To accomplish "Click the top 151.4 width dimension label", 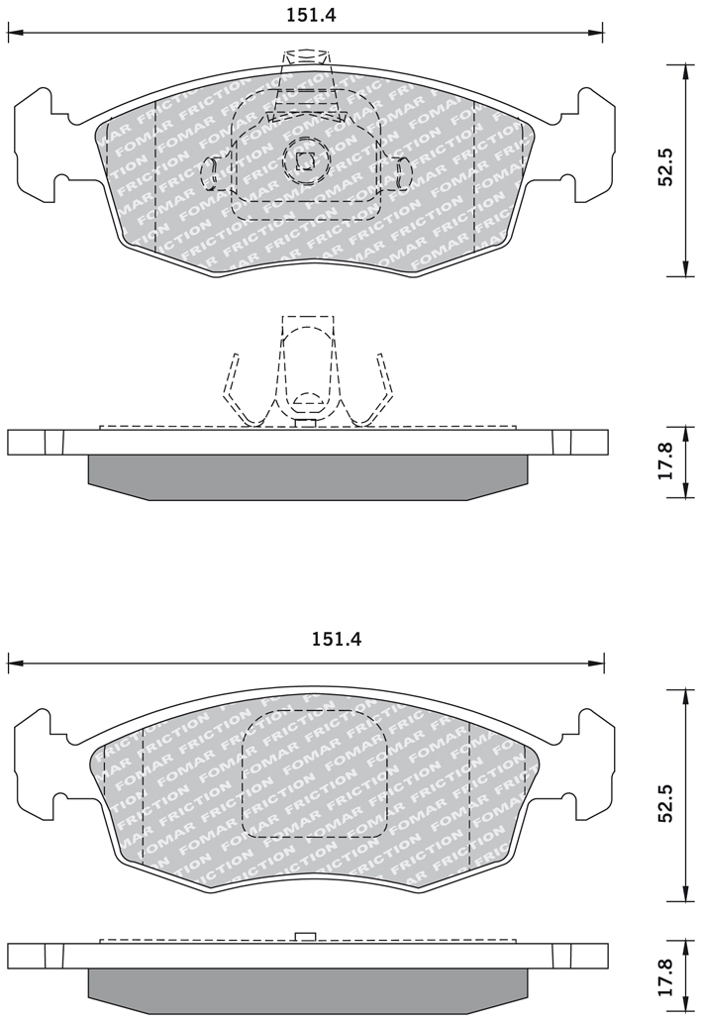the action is [x=311, y=15].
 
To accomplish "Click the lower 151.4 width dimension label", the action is [x=337, y=639].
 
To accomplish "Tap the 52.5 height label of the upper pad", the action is [x=665, y=166].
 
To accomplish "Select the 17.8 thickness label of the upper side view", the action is [x=665, y=462].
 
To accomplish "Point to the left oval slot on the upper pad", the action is [x=209, y=172].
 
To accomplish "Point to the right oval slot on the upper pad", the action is [x=403, y=174].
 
